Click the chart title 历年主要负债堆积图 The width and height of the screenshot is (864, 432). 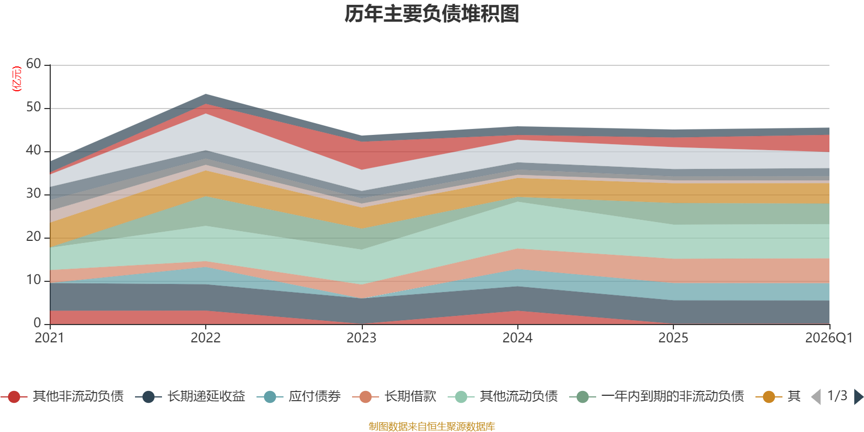pos(431,14)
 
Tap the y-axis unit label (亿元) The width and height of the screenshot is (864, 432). pos(17,79)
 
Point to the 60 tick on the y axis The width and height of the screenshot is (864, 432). pos(33,64)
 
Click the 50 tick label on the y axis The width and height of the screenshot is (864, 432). pos(33,107)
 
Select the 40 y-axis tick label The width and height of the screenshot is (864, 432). pos(33,150)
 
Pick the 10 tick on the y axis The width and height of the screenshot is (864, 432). pos(33,280)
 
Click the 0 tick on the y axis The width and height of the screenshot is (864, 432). pos(37,323)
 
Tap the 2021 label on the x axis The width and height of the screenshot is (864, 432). pos(49,338)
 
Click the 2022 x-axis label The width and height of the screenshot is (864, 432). pos(206,338)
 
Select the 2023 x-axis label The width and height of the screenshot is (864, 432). pos(361,338)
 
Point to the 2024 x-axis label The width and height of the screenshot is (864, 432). pos(517,338)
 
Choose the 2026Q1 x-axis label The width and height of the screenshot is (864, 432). pos(829,338)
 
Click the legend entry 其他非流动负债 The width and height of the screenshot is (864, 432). pos(62,396)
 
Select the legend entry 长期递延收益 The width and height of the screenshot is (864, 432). pos(190,396)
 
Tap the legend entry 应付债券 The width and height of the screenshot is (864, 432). pos(299,396)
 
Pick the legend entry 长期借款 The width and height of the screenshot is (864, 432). pos(394,396)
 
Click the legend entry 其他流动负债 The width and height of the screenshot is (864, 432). pos(503,396)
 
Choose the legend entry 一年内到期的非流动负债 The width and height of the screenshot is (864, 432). pos(657,396)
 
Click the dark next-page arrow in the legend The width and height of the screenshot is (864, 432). pos(859,396)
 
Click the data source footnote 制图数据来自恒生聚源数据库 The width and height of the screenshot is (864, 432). pos(431,426)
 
